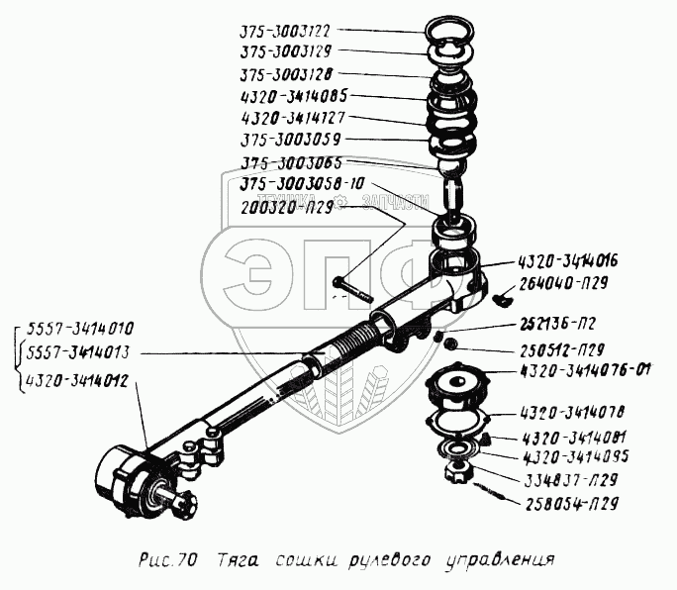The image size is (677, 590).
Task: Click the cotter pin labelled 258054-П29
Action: click(492, 491)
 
